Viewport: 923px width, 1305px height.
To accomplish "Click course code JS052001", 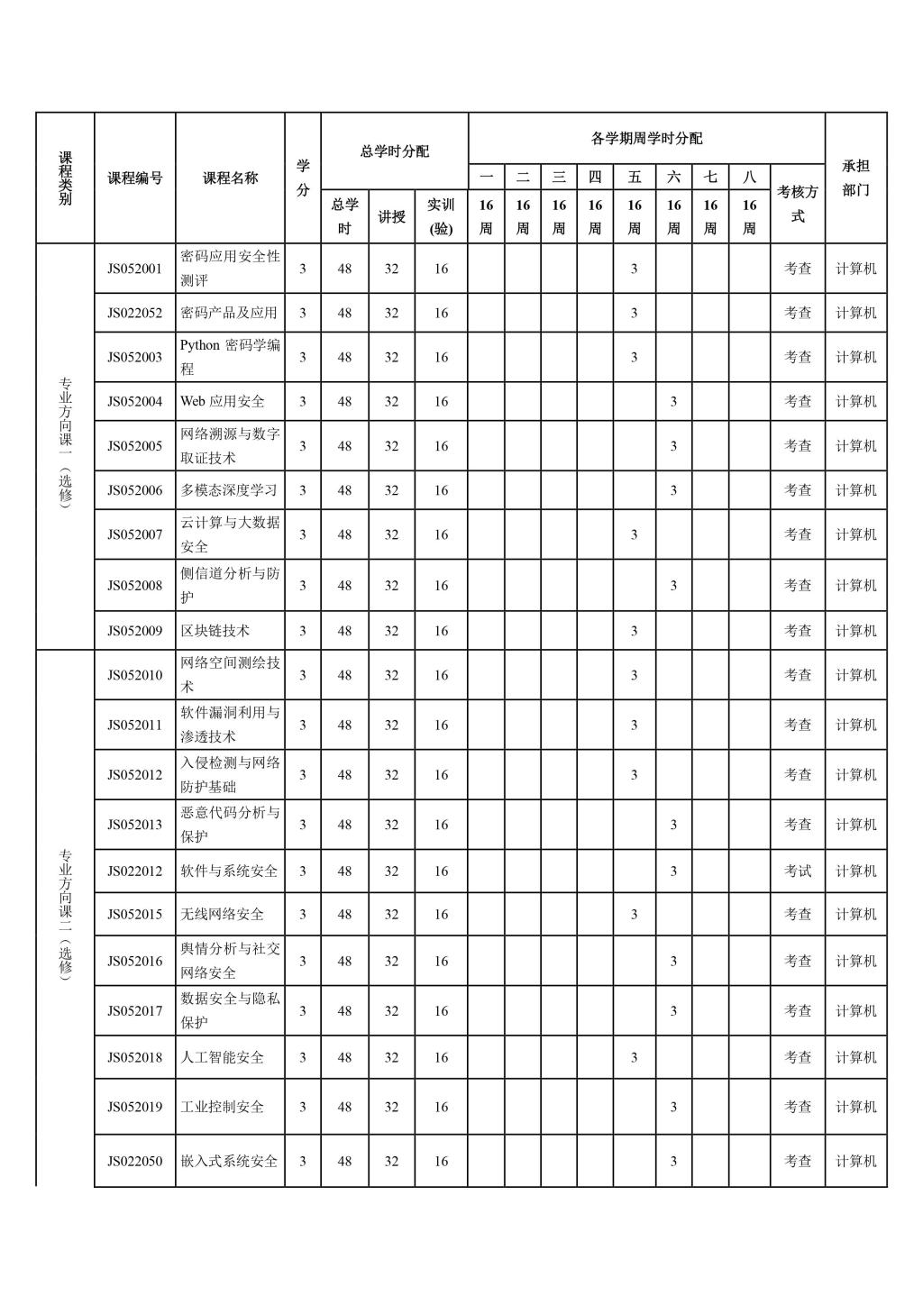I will click(x=134, y=269).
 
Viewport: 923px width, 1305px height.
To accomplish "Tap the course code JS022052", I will click(x=134, y=313).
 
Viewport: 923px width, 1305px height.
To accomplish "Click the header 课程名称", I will click(x=230, y=178).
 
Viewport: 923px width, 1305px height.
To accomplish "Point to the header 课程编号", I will click(x=134, y=178).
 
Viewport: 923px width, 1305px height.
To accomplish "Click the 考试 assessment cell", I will click(x=797, y=871).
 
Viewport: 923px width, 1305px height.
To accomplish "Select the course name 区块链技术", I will click(x=215, y=631).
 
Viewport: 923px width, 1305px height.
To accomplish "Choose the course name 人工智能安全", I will click(x=222, y=1057).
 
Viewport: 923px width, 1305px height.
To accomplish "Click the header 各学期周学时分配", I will click(x=646, y=138).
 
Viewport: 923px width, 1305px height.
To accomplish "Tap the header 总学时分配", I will click(x=394, y=151).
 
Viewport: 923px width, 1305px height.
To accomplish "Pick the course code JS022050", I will click(x=134, y=1161).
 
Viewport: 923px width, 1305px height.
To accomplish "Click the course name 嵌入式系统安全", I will click(x=229, y=1161).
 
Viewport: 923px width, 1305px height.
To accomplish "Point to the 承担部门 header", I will click(x=855, y=178).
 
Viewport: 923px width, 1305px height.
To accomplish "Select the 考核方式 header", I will click(x=797, y=204).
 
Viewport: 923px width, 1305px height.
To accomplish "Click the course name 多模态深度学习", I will click(x=229, y=490).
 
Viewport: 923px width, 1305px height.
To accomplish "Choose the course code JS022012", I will click(x=134, y=871).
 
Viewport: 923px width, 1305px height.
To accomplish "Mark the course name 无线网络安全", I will click(x=222, y=914).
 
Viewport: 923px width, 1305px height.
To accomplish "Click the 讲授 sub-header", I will click(x=391, y=216).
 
